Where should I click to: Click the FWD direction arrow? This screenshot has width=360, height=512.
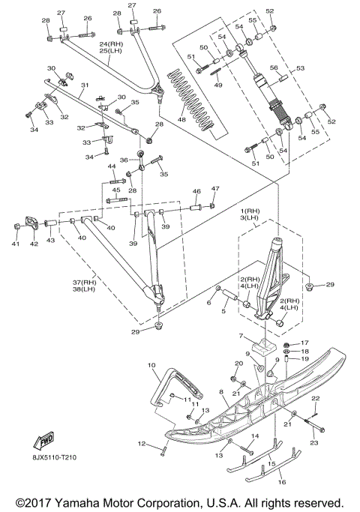(43, 440)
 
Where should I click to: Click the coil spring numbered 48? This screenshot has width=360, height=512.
(191, 101)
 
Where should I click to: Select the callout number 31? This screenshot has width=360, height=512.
(85, 85)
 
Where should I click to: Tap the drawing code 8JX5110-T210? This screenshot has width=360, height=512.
(54, 457)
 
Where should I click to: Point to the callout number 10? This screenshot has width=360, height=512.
(151, 365)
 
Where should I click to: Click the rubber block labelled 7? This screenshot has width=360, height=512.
(265, 346)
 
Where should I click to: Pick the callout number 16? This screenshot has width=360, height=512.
(282, 481)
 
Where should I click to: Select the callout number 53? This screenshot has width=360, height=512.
(300, 68)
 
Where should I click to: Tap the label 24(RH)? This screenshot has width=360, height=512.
(111, 43)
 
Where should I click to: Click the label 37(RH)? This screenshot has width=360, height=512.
(84, 282)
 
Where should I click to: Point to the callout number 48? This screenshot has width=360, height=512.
(181, 119)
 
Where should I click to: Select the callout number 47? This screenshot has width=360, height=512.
(215, 188)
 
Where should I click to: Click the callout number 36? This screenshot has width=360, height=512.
(124, 160)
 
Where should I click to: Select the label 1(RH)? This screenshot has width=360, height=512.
(249, 211)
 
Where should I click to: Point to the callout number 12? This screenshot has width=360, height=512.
(142, 444)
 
